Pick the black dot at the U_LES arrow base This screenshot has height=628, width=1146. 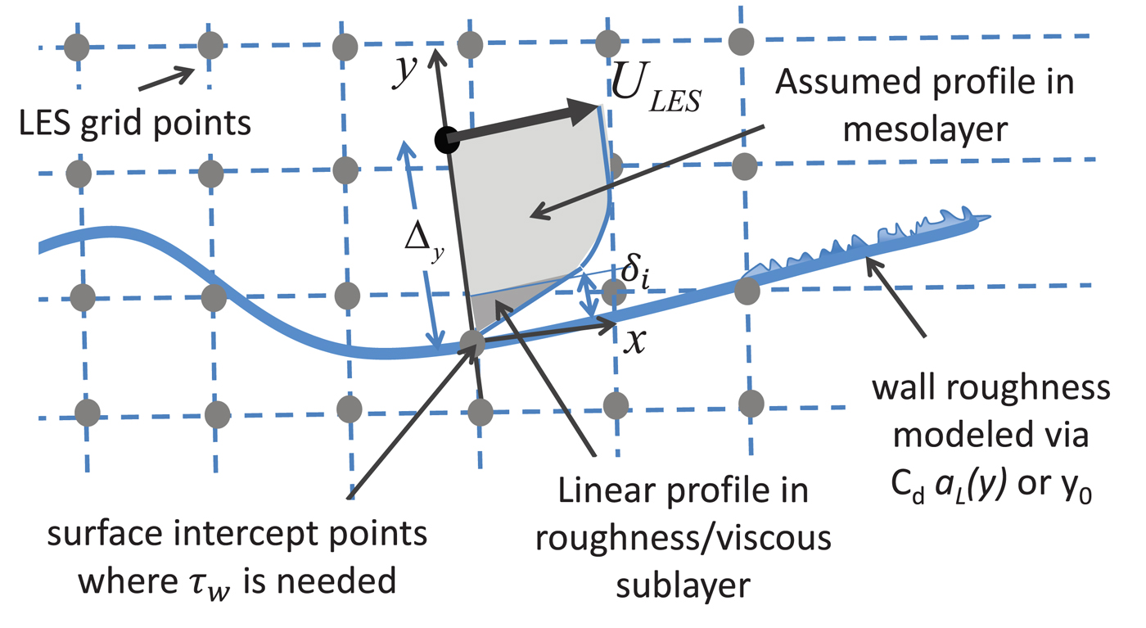coord(447,141)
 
